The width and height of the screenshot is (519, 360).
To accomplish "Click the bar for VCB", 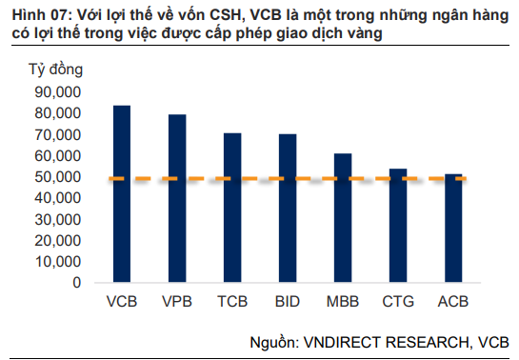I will coord(121,194).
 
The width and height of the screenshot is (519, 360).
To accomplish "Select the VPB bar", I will coord(177,199).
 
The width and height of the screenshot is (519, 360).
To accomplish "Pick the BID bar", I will coord(287,209).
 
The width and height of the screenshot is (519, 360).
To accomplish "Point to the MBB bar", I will coord(342,218).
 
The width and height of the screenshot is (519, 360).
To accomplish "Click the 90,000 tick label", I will coord(57,92).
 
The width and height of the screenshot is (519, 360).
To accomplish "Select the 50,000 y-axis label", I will coord(57,177).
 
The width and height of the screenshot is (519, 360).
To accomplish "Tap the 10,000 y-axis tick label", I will coord(57,262).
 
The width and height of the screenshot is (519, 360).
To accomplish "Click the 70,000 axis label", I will coord(57,134).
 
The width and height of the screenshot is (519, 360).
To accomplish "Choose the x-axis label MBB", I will coord(342,303).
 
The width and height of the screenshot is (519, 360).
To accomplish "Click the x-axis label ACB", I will coord(452,303).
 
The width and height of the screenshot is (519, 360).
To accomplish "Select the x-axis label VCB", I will coord(121,303).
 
